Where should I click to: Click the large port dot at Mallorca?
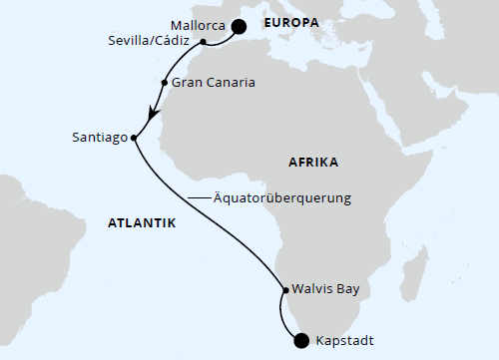pyautogui.click(x=239, y=28)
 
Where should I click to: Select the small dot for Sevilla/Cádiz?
pyautogui.click(x=204, y=42)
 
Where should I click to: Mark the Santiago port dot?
pyautogui.click(x=134, y=138)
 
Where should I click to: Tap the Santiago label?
pyautogui.click(x=99, y=138)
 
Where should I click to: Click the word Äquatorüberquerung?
pyautogui.click(x=284, y=198)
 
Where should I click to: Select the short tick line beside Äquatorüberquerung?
pyautogui.click(x=197, y=198)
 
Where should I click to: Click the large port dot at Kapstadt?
pyautogui.click(x=302, y=342)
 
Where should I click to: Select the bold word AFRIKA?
pyautogui.click(x=312, y=162)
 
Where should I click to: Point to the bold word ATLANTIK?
pyautogui.click(x=141, y=223)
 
